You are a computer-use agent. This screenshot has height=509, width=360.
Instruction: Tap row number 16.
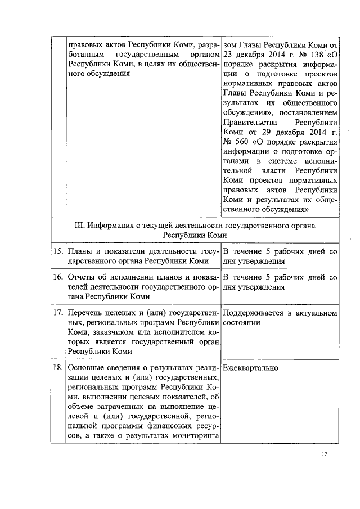[57, 277]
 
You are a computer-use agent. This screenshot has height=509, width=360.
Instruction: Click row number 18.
[57, 368]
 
